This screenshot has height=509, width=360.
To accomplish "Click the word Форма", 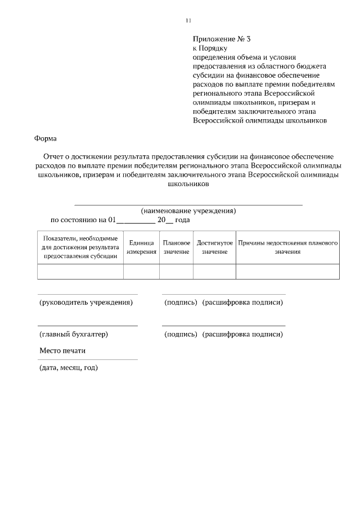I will (x=46, y=138).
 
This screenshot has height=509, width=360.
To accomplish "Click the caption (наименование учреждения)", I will (x=188, y=211).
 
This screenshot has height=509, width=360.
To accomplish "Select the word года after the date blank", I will (x=183, y=220).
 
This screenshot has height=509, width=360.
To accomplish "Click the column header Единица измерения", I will (x=141, y=247).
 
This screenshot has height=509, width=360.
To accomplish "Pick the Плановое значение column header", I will (x=176, y=247).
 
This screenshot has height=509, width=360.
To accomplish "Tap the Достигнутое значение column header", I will (x=214, y=247).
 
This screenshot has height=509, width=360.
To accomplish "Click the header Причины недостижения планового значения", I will (x=287, y=247).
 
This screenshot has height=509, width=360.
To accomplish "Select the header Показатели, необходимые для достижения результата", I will (x=80, y=247).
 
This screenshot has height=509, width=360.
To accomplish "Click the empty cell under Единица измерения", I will (x=141, y=272).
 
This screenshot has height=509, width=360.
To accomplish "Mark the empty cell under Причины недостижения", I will (x=287, y=272).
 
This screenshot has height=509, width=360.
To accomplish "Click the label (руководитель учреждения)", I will (x=85, y=303).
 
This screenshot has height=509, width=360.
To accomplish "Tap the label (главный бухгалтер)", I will (x=73, y=334).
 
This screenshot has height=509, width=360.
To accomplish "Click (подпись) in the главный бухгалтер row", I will (x=180, y=334).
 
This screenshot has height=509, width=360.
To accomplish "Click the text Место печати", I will (x=62, y=351).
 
